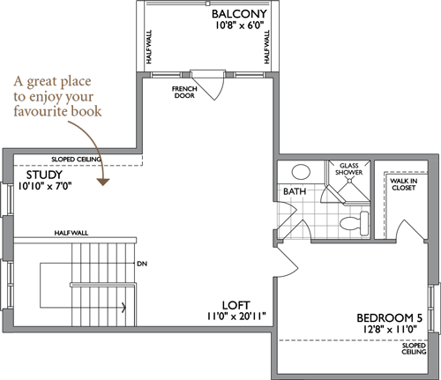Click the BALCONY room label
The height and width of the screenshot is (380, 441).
tap(239, 14)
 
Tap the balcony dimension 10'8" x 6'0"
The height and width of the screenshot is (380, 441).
tap(239, 26)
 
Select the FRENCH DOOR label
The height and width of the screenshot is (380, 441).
tap(184, 92)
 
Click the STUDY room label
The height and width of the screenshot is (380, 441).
tap(44, 175)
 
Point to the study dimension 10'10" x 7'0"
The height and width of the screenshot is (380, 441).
tap(45, 186)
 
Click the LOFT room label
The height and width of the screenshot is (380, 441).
tap(236, 305)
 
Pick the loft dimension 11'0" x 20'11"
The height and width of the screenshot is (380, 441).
tap(236, 317)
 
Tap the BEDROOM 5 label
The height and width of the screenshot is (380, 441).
tap(389, 318)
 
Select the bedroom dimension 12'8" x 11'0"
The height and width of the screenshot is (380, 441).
tap(390, 329)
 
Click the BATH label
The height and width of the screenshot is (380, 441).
tap(295, 191)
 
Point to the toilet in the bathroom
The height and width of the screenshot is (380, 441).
tap(355, 223)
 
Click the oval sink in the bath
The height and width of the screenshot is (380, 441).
tap(301, 172)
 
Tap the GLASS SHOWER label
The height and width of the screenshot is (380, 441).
tap(348, 169)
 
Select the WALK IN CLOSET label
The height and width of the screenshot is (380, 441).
tap(403, 184)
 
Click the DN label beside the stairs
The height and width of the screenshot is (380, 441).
tap(142, 264)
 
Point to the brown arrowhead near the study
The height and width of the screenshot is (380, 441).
tap(103, 182)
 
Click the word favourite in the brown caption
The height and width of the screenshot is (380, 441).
tap(40, 111)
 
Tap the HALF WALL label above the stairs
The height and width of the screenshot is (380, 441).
tap(71, 233)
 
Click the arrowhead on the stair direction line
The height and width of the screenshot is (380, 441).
tap(124, 308)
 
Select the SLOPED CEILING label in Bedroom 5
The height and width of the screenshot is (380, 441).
tap(414, 348)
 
